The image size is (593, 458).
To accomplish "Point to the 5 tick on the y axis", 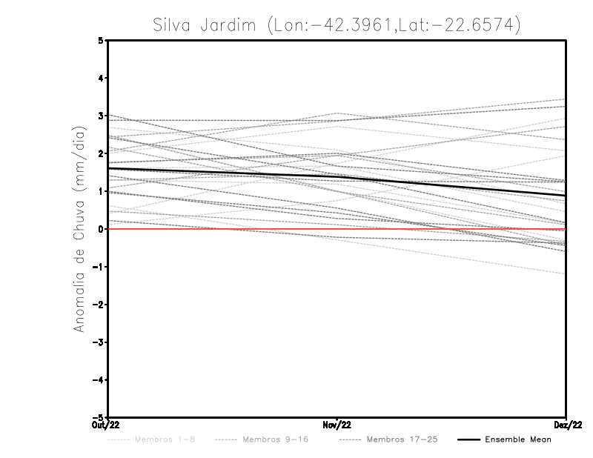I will pyautogui.click(x=101, y=41).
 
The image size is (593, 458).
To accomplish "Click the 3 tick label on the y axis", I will pyautogui.click(x=101, y=116).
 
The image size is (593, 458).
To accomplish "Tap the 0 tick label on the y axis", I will pyautogui.click(x=101, y=229).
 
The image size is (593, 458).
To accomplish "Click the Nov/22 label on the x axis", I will pyautogui.click(x=337, y=425).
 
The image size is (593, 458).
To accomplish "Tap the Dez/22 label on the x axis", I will pyautogui.click(x=566, y=425).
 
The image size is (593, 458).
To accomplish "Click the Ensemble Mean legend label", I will pyautogui.click(x=518, y=439).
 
